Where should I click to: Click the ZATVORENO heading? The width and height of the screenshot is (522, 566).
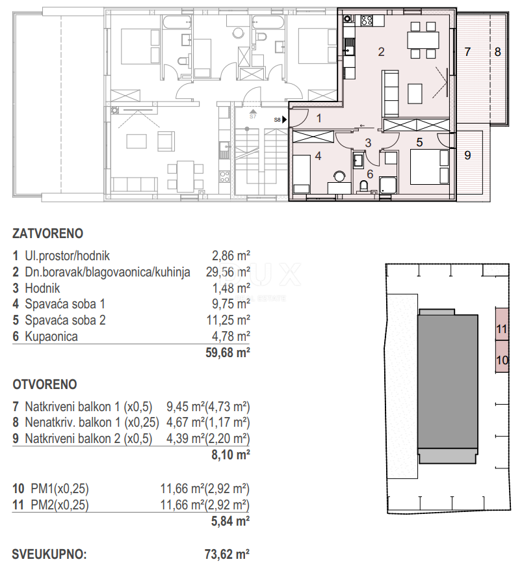[x=47, y=234]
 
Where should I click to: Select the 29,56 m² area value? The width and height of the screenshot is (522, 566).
[x=228, y=272]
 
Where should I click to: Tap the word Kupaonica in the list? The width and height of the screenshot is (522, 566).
[x=51, y=336]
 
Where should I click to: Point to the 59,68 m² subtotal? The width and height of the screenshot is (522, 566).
[x=228, y=353]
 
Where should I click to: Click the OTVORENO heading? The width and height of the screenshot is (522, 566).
[x=45, y=384]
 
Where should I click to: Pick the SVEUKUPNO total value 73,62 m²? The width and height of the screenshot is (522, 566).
[x=227, y=554]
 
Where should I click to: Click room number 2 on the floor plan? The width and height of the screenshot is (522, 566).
[x=381, y=52]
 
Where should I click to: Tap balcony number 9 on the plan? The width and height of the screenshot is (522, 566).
[x=467, y=155]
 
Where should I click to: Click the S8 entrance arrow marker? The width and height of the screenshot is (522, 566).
[x=284, y=120]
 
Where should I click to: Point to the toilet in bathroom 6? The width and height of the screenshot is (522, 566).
[x=364, y=186]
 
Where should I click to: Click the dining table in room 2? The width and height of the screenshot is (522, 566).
[x=423, y=40]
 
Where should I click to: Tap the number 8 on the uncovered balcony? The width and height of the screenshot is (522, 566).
[x=498, y=52]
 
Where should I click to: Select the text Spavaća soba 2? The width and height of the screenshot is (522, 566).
[x=65, y=320]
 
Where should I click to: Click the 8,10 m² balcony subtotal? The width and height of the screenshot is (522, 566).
[x=231, y=455]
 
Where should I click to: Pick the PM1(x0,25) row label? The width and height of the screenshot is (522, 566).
[x=60, y=489]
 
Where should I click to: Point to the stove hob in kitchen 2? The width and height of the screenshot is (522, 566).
[x=367, y=20]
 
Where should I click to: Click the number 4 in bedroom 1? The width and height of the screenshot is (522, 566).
[x=318, y=156]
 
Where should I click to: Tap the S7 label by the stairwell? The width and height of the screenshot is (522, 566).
[x=252, y=116]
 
